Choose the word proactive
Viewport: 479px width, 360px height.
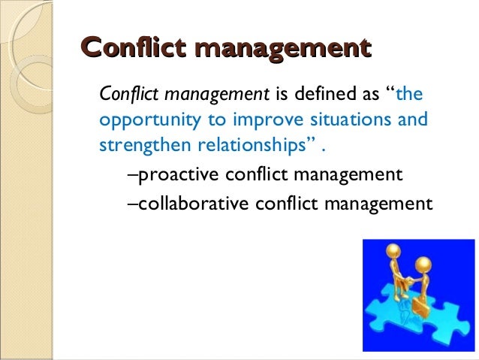pyautogui.click(x=175, y=177)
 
